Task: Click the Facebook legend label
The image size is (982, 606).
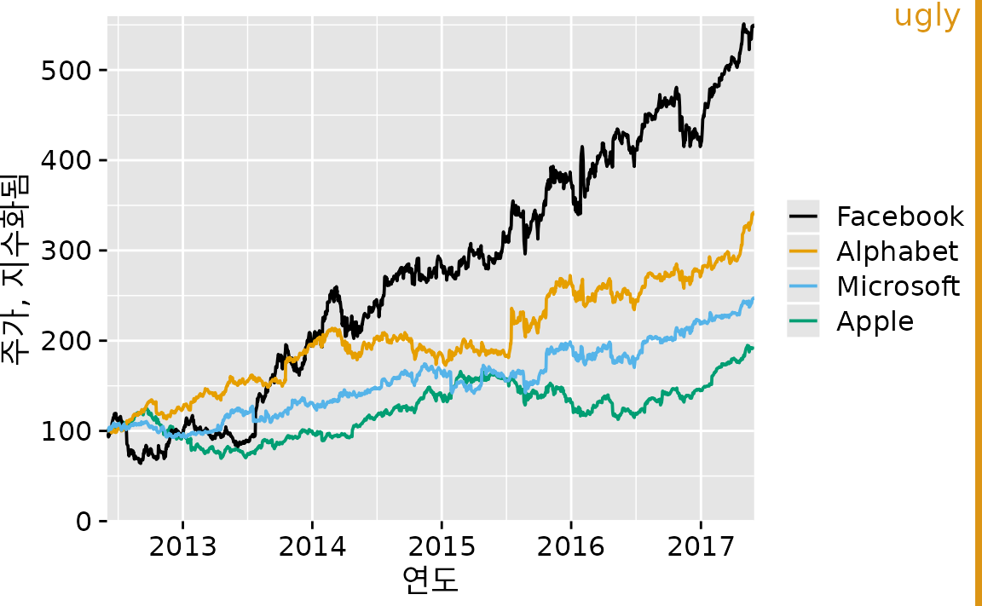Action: coord(900,216)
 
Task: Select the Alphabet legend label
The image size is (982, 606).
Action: coord(897,251)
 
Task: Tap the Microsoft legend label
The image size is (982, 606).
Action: coord(898,286)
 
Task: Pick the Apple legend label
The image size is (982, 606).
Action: coord(875,321)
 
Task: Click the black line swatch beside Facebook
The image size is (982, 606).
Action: coord(803,216)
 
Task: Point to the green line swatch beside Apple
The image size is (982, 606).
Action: coord(803,321)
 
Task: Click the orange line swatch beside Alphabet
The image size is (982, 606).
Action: coord(803,251)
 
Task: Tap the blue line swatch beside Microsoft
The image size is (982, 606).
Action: coord(803,286)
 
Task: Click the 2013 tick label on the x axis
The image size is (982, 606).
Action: coord(182,545)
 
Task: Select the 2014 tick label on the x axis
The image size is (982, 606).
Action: coord(312,545)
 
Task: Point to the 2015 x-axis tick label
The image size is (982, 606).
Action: coord(442,545)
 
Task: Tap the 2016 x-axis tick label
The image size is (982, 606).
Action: coord(570,545)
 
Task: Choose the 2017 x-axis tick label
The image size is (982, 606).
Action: coord(700,545)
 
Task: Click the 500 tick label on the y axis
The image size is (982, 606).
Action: coord(66,70)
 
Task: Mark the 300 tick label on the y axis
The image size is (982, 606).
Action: coord(66,251)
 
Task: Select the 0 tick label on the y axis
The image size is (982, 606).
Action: coord(84,522)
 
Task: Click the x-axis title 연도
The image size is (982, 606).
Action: coord(430,581)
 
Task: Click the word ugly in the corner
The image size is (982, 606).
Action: coord(927,15)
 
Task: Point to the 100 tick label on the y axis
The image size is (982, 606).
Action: coord(66,431)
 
